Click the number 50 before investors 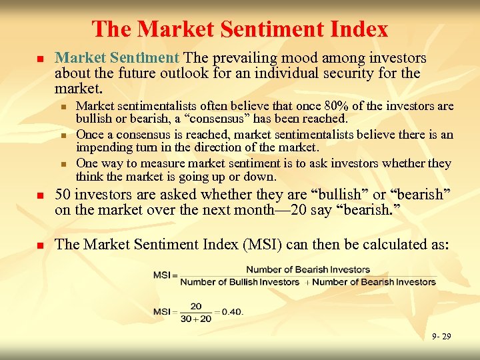pos(63,195)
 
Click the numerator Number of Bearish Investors pos(308,270)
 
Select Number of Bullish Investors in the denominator pos(240,282)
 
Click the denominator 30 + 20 pos(195,318)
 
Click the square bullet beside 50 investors pos(39,196)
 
